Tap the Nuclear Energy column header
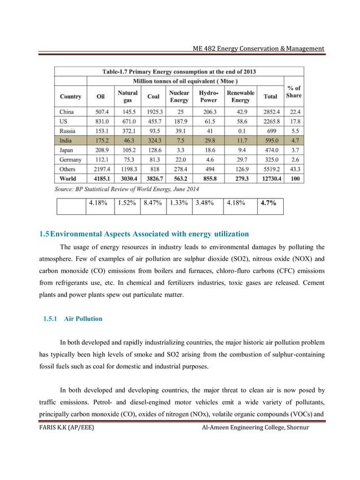(179, 96)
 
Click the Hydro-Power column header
(208, 96)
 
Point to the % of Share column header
(293, 91)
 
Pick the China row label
(67, 112)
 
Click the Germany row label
(70, 160)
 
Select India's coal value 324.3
(153, 140)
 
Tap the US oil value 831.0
(101, 121)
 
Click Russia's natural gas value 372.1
(128, 131)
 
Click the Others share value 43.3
(294, 169)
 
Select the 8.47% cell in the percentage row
(153, 203)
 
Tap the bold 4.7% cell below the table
(267, 203)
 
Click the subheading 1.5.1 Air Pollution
(73, 319)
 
